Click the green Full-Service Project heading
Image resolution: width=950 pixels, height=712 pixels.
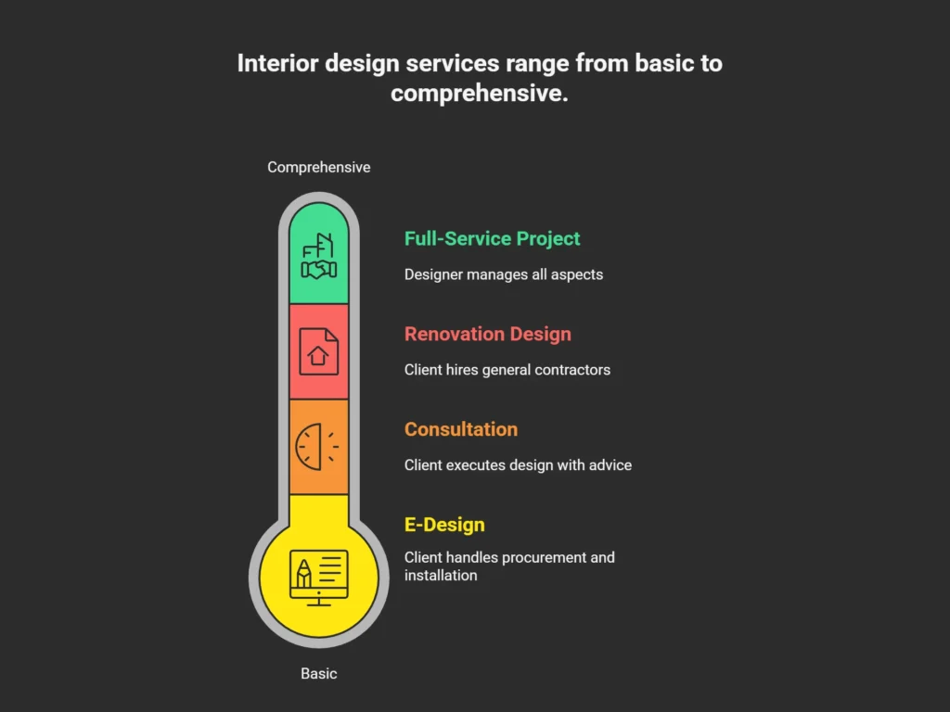pos(492,238)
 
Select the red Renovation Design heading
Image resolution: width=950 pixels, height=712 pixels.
pos(487,334)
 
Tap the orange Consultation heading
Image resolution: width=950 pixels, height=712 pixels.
pos(460,429)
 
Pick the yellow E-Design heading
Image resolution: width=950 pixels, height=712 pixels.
pos(444,525)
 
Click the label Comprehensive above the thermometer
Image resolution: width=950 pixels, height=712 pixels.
pos(318,167)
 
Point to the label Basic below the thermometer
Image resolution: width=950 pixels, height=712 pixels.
pos(318,674)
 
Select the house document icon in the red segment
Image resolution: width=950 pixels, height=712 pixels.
pos(318,351)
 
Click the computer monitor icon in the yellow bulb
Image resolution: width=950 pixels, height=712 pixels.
pos(318,577)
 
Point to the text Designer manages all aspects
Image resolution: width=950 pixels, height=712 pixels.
pos(503,274)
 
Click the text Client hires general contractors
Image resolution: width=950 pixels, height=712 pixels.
pos(507,370)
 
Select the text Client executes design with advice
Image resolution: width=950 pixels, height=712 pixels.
pos(518,464)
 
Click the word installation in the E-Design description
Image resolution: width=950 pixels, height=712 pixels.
pos(441,576)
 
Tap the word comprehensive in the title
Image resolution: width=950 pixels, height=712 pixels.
pos(479,93)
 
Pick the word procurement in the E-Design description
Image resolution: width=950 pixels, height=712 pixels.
pos(541,557)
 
